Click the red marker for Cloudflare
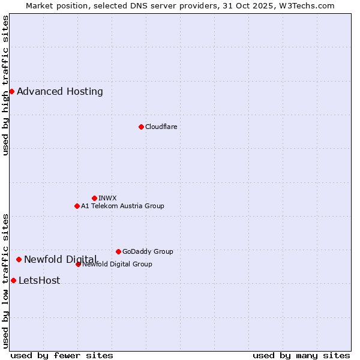click(141, 127)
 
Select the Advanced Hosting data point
click(11, 91)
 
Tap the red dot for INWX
click(94, 198)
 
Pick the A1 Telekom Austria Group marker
click(77, 206)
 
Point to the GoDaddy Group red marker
click(118, 251)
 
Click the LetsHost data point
click(13, 280)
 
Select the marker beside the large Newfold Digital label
click(19, 259)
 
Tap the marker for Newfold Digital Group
click(78, 264)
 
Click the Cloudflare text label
click(161, 127)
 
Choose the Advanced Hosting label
click(60, 91)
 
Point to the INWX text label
click(107, 198)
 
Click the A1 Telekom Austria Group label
click(122, 206)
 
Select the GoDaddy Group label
click(148, 251)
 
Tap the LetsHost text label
click(40, 280)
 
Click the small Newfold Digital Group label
click(118, 264)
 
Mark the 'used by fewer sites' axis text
click(62, 355)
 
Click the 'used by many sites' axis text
click(301, 355)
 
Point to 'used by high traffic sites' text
click(5, 85)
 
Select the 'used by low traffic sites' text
click(5, 281)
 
